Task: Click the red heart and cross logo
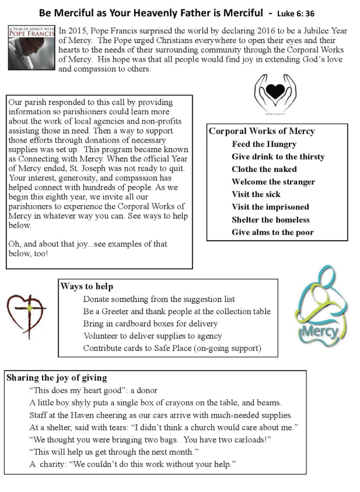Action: tap(27, 315)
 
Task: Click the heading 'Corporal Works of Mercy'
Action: tap(261, 131)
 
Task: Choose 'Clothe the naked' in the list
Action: tap(260, 169)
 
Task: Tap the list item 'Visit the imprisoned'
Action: tap(270, 207)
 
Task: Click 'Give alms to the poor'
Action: tap(272, 232)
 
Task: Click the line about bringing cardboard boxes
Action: tap(150, 324)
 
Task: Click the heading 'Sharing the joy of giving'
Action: tap(57, 378)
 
